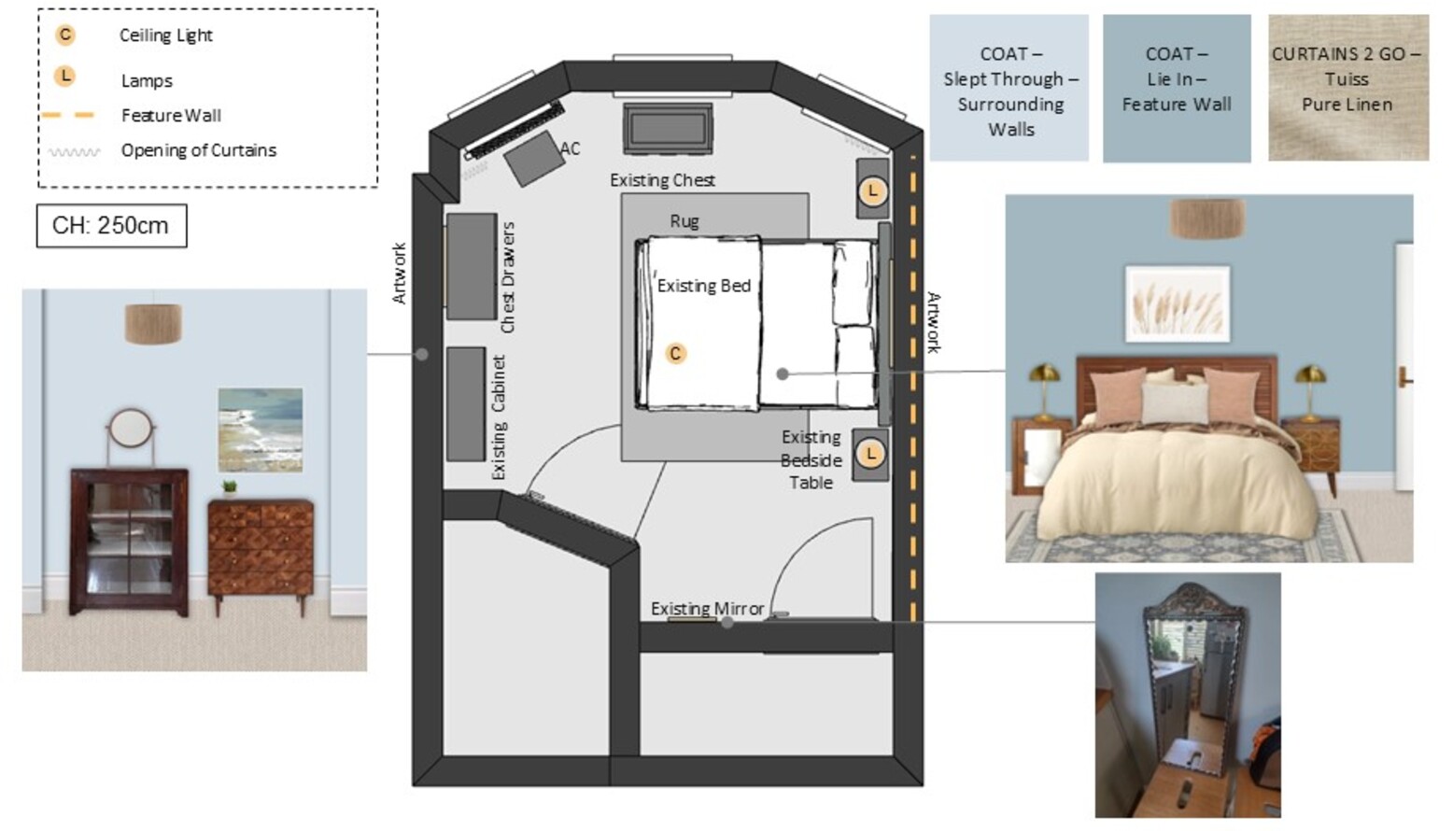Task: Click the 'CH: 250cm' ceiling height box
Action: click(x=111, y=226)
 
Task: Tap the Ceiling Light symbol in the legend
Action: click(x=64, y=35)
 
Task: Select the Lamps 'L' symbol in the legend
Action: click(x=64, y=77)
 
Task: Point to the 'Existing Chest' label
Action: click(x=662, y=179)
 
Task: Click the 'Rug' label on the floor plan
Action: click(x=684, y=221)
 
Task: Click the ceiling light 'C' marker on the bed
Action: click(x=676, y=354)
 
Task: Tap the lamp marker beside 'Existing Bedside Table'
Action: click(x=870, y=454)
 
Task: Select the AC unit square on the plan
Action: click(x=534, y=159)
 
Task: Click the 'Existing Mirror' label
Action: click(x=707, y=609)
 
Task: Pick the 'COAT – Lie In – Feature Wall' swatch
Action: click(x=1177, y=88)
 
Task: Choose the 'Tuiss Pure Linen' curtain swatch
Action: click(x=1348, y=88)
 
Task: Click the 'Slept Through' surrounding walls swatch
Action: click(x=1009, y=88)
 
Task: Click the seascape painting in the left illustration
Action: click(x=261, y=430)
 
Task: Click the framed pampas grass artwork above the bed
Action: click(x=1178, y=303)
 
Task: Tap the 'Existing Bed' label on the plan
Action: click(x=704, y=286)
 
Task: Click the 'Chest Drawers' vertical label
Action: click(x=508, y=277)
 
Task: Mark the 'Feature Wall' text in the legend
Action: click(x=171, y=116)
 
